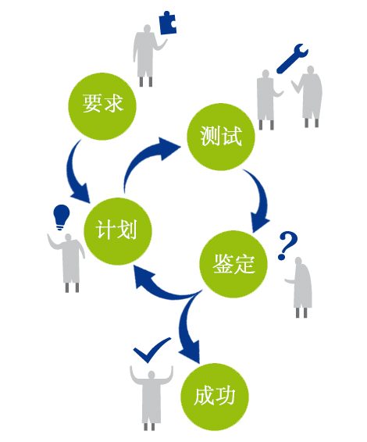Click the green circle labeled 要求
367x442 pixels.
[x=102, y=106]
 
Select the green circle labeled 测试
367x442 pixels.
[x=221, y=137]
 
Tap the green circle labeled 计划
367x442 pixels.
[x=118, y=231]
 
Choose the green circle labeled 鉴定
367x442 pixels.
[x=233, y=264]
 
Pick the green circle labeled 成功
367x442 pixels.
[x=215, y=397]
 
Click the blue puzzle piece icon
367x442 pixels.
[x=168, y=23]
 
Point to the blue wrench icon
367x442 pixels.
[x=292, y=59]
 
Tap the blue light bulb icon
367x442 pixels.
[x=62, y=217]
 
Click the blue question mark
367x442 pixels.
[x=287, y=245]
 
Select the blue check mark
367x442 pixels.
[x=151, y=350]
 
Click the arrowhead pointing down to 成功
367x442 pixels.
[x=191, y=351]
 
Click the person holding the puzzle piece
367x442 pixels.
[x=146, y=55]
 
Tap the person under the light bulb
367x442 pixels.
[x=68, y=262]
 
